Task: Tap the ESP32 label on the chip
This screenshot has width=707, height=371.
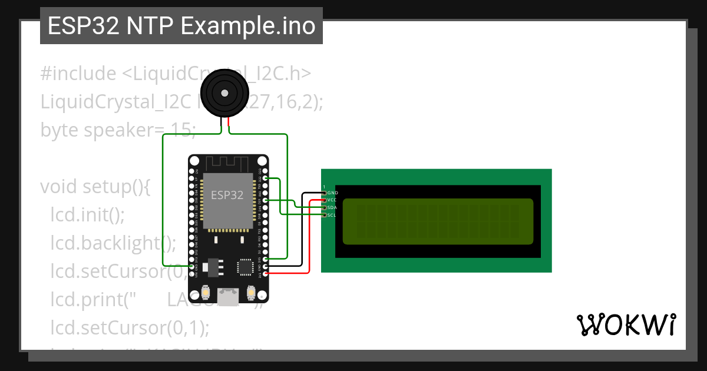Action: [227, 196]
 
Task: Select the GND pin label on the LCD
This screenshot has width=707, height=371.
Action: [332, 193]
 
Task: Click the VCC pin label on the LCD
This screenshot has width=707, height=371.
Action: [332, 200]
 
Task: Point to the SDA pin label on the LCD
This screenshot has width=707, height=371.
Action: [332, 208]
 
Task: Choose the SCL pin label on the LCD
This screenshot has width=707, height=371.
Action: [332, 216]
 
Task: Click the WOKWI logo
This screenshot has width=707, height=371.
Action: [626, 324]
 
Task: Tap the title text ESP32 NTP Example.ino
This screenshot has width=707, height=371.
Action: [181, 26]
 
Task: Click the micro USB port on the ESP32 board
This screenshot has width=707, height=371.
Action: [228, 296]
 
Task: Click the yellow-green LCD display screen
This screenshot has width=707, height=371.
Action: [438, 221]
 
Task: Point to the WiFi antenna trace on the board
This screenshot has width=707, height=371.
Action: [227, 163]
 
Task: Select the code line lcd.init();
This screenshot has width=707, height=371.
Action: [87, 214]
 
